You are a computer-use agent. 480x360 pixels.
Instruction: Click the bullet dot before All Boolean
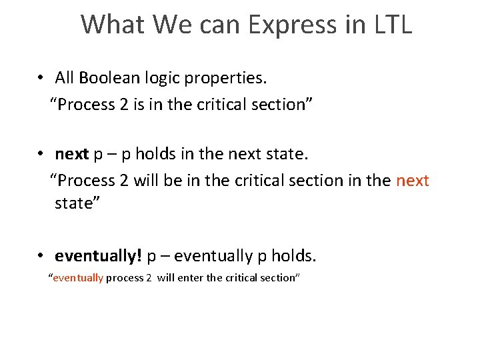click(41, 78)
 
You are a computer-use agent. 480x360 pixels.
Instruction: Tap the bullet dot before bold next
click(41, 155)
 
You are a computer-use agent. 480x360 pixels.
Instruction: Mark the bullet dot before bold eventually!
click(41, 256)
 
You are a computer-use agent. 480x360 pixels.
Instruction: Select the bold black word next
click(72, 155)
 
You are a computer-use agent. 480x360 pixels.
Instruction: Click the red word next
click(413, 181)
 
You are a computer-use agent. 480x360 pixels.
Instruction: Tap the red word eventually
click(78, 278)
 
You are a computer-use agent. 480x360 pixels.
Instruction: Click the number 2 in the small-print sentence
click(148, 278)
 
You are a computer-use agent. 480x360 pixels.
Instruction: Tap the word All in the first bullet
click(65, 78)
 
